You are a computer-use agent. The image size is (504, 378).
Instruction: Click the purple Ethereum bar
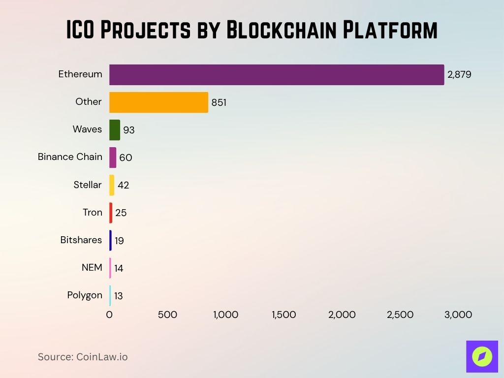coord(276,75)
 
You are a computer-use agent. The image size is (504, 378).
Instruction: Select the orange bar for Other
coord(158,102)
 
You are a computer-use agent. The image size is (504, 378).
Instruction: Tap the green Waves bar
coord(115,130)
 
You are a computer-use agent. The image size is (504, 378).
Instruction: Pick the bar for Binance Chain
coord(113,157)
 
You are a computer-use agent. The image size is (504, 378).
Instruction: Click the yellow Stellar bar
coord(112,185)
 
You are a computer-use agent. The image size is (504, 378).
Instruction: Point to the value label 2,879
coord(459,75)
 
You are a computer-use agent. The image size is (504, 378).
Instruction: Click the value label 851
coord(219,102)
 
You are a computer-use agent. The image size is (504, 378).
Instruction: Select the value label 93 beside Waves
coord(129,130)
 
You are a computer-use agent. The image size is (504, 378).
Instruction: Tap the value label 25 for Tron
coord(121,213)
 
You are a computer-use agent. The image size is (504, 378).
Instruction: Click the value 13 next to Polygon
coord(118,296)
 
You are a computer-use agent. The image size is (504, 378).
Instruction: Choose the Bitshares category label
coord(81,240)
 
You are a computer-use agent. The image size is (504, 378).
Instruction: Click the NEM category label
coord(92,268)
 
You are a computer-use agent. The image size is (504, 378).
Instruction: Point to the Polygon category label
coord(85,295)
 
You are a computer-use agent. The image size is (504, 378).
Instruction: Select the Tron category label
coord(92,213)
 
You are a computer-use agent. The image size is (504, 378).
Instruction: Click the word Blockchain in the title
coord(282,31)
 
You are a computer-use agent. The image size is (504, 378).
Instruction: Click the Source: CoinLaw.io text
coord(83,357)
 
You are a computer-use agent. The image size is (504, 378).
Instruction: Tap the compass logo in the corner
coord(482,356)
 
